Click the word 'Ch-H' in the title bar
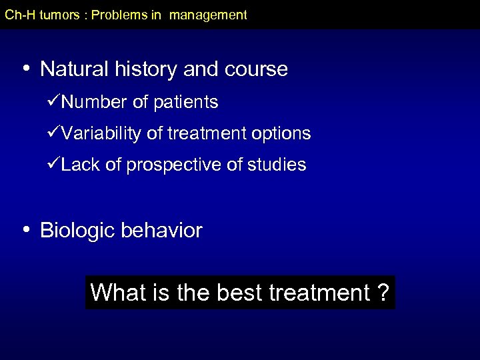click(20, 15)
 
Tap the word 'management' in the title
click(208, 15)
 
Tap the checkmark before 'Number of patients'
click(54, 102)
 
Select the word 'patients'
click(187, 103)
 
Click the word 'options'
click(281, 134)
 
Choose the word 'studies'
click(278, 165)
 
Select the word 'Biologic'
click(77, 231)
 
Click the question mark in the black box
click(383, 293)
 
